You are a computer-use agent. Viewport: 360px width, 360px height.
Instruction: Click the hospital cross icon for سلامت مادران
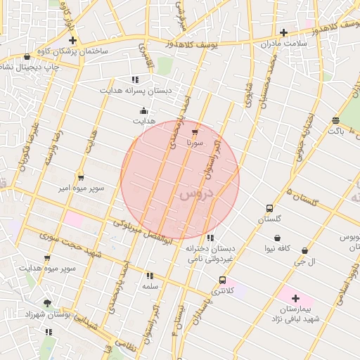[x=283, y=32]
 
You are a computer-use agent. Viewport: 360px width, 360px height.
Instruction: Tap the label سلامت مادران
[x=283, y=44]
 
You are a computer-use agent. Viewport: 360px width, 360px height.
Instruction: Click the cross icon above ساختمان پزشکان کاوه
[x=72, y=41]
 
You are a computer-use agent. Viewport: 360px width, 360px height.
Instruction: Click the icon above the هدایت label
[x=143, y=110]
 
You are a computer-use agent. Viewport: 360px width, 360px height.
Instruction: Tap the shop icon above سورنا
[x=195, y=131]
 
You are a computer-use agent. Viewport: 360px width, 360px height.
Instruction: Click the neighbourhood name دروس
[x=195, y=195]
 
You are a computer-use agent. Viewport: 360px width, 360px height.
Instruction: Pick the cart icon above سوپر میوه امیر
[x=81, y=177]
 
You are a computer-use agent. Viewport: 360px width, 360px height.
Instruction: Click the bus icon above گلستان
[x=269, y=208]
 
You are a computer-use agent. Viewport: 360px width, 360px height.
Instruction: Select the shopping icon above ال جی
[x=304, y=251]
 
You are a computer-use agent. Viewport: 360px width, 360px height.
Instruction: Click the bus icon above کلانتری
[x=223, y=280]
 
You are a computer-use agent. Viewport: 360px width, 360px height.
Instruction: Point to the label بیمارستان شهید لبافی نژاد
[x=295, y=314]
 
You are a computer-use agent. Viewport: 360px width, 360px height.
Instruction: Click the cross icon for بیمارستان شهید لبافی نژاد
[x=295, y=298]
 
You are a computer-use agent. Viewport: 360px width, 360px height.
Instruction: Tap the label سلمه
[x=150, y=286]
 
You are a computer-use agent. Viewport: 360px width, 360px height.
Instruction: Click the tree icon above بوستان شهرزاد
[x=47, y=304]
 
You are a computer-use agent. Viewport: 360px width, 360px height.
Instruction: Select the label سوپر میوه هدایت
[x=48, y=269]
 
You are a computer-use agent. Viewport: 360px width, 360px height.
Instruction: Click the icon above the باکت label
[x=335, y=120]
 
